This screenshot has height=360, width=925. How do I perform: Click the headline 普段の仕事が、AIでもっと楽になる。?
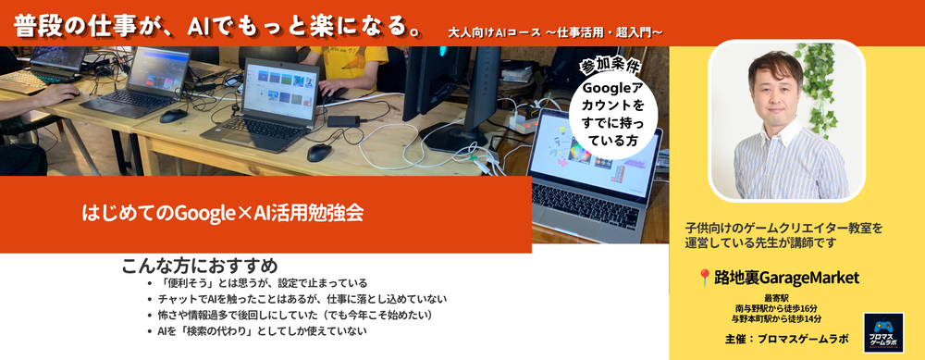(218, 26)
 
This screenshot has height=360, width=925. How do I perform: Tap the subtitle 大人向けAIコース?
(494, 31)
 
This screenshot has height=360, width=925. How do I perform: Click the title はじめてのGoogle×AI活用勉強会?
(222, 213)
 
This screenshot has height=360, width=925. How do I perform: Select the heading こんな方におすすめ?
(200, 266)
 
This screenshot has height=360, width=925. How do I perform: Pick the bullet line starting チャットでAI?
(302, 299)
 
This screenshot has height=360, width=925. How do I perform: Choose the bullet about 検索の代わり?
(263, 331)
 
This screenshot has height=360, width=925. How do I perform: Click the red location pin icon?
(704, 278)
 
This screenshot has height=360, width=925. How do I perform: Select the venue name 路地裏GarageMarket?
(785, 278)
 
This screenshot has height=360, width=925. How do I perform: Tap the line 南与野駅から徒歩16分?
(776, 308)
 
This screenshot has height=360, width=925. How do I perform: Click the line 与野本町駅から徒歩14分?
(776, 318)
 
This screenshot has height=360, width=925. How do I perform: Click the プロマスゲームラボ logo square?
(883, 333)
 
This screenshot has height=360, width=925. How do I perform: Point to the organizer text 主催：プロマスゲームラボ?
(787, 340)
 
